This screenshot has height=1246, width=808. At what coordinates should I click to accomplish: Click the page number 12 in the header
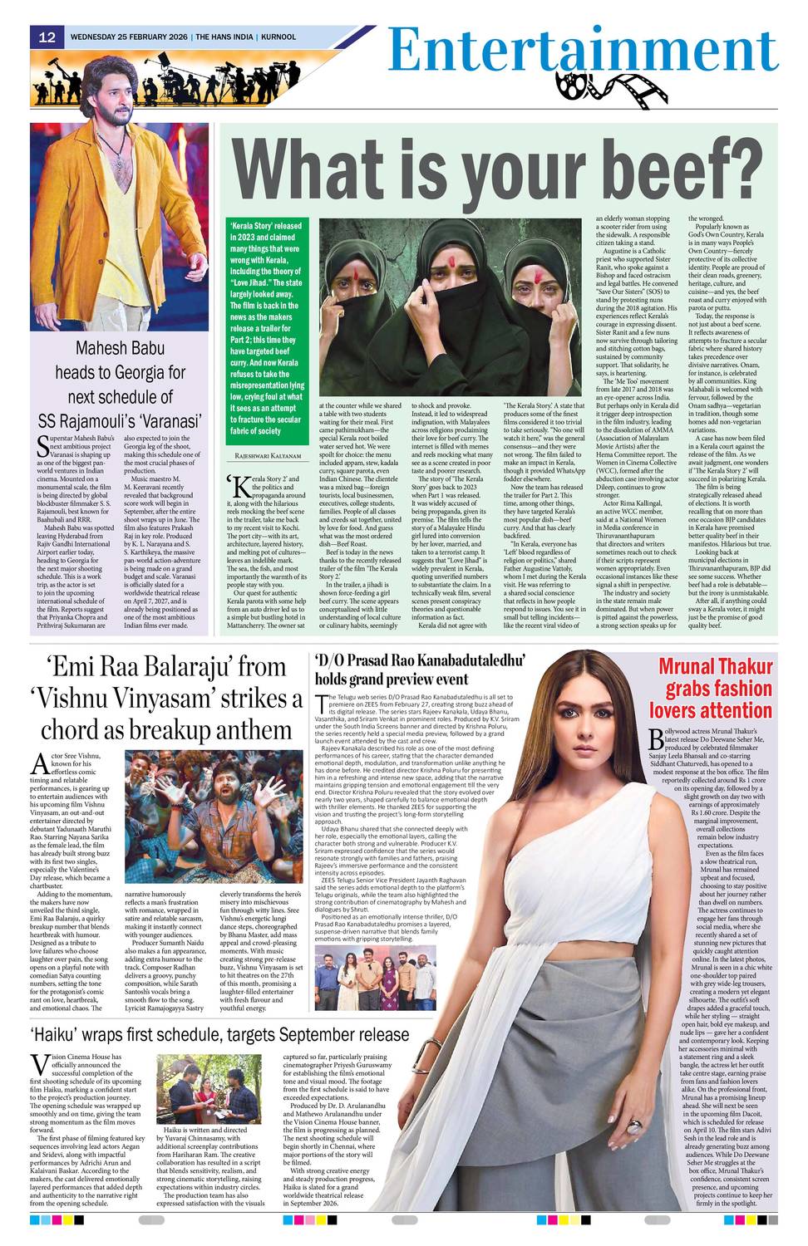pos(47,37)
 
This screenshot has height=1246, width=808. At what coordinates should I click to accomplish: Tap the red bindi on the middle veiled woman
pos(457,259)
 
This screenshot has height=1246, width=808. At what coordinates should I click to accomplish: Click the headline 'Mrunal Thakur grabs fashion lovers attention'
pos(711,689)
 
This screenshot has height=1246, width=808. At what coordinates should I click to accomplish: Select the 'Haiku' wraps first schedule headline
pos(219,1034)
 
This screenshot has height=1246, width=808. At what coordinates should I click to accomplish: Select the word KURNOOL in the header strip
pos(278,37)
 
